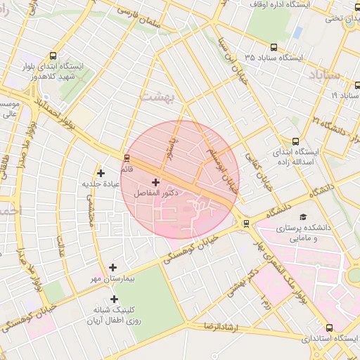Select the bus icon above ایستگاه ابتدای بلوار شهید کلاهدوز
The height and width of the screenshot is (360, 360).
54,56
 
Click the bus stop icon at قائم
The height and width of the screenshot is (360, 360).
127,157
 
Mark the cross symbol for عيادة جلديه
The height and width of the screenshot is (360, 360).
101,173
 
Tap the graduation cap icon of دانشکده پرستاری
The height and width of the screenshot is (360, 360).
303,217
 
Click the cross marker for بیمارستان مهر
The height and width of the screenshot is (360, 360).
113,267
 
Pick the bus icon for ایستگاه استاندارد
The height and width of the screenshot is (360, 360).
330,328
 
